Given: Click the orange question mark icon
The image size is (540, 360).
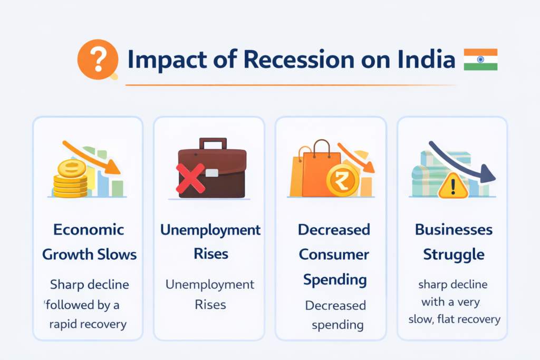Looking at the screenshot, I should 98,60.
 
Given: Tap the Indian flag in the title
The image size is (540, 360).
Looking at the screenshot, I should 480,60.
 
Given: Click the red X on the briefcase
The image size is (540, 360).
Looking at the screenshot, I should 190,177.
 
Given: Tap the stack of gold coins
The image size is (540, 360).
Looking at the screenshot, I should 70,179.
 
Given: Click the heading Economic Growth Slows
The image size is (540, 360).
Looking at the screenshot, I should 89,242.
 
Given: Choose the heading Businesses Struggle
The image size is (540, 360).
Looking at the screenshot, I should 454,242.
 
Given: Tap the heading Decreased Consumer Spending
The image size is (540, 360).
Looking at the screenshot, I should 334,255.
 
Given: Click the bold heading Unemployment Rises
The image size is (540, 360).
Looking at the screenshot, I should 210,242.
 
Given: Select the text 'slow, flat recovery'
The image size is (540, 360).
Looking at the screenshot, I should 454,319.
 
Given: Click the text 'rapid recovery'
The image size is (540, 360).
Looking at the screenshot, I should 88,324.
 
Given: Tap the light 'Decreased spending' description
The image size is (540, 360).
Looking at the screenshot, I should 335,315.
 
